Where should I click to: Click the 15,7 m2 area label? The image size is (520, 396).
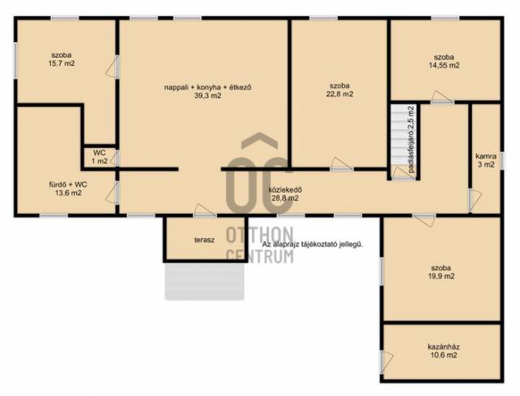[x=62, y=63]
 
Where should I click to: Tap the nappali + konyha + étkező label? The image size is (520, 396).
[x=208, y=88]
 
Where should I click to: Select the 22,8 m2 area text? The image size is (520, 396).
[x=340, y=94]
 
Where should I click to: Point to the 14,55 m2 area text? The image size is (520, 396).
[x=444, y=65]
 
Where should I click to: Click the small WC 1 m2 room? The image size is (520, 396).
[x=100, y=157]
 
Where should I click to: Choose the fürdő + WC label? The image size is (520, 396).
[x=68, y=185]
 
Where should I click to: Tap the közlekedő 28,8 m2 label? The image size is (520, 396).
[x=285, y=194]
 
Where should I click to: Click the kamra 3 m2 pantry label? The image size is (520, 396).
[x=486, y=160]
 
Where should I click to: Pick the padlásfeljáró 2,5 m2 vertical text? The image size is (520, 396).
[x=412, y=139]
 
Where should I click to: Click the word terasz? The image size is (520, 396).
[x=204, y=240]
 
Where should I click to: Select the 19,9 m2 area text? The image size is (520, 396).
[x=441, y=276]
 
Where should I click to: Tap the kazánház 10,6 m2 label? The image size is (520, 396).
[x=443, y=351]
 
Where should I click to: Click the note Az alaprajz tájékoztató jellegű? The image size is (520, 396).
[x=313, y=245]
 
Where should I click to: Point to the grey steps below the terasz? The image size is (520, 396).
[x=205, y=281]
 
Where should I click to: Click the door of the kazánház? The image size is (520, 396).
[x=387, y=362]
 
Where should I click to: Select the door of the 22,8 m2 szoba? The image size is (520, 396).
[x=342, y=164]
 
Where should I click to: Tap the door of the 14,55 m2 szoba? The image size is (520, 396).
[x=442, y=97]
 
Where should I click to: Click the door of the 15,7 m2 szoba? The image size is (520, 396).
[x=112, y=67]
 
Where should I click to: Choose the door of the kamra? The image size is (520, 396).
[x=474, y=200]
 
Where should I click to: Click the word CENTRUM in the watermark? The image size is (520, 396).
[x=260, y=256]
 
